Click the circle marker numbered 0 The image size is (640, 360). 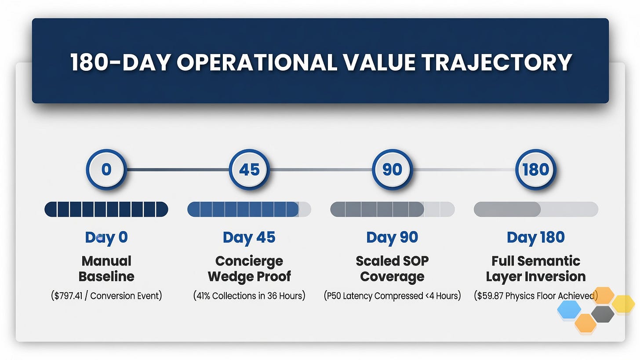tap(106, 169)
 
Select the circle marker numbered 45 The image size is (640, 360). tap(249, 169)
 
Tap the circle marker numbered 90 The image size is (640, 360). tap(392, 169)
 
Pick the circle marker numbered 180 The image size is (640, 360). tap(536, 169)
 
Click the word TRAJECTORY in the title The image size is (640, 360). tap(497, 62)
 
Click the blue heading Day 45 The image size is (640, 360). tap(249, 238)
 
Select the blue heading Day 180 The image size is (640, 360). tap(536, 238)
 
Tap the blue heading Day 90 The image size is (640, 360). tap(392, 238)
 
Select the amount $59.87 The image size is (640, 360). tap(489, 296)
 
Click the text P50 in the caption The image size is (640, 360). tap(334, 296)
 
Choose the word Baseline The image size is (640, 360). tap(106, 276)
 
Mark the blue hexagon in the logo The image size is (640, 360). tap(569, 309)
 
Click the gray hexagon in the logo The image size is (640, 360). tap(603, 314)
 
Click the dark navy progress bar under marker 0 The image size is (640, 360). tap(106, 209)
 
